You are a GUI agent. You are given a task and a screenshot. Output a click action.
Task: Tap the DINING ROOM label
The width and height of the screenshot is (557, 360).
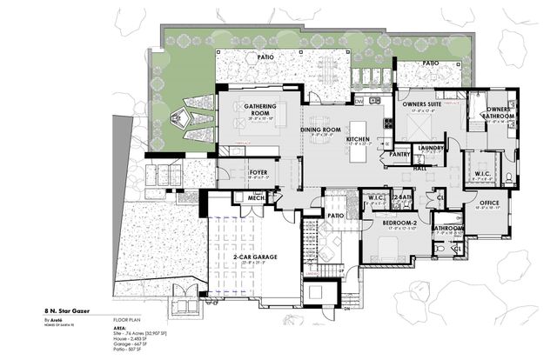click(x=319, y=129)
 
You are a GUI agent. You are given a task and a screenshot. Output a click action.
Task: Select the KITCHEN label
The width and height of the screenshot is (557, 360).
click(x=358, y=139)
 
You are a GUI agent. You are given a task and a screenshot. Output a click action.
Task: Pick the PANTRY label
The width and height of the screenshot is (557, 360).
click(x=376, y=154)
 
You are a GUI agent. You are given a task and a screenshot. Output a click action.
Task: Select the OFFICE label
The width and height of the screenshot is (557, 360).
click(x=489, y=203)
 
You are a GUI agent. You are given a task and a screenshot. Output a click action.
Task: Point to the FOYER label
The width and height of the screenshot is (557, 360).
click(x=258, y=173)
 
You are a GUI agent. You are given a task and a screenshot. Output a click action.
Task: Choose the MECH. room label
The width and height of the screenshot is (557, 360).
click(x=256, y=198)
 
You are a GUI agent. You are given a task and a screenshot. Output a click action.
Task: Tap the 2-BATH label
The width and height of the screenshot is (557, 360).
click(x=401, y=197)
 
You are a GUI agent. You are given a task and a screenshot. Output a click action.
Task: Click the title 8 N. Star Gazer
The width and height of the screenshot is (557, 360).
click(x=69, y=309)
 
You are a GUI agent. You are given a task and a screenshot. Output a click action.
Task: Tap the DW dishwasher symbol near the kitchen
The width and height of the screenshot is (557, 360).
click(x=358, y=102)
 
